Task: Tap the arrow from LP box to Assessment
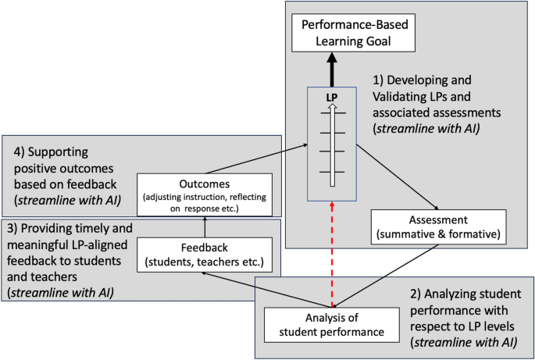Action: click(x=391, y=176)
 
